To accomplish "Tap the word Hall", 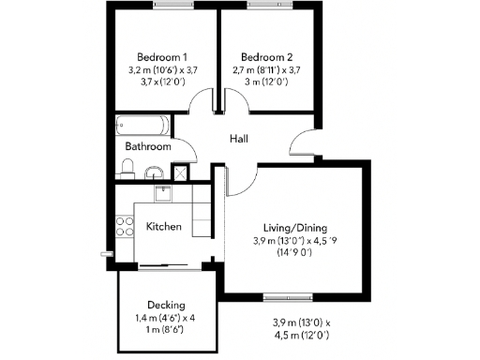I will [239, 139].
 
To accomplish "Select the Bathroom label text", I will [148, 147].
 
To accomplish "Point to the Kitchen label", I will [164, 227].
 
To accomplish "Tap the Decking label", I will [166, 305].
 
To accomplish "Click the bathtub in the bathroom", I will [141, 126].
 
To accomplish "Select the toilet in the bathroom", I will [129, 169].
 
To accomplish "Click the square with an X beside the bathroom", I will [179, 172].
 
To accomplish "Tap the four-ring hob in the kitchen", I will [122, 226].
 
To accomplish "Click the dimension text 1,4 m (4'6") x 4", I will [166, 319].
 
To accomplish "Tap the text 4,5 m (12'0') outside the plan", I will [296, 336].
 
